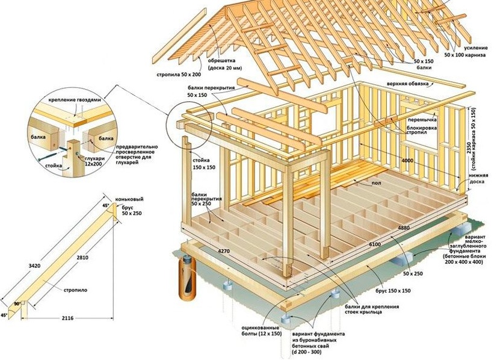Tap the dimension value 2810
point(82,258)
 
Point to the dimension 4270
point(223,252)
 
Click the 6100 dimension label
point(375,244)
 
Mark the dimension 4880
point(404,228)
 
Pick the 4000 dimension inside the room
point(407,161)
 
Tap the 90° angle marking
point(17,303)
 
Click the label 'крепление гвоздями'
point(75,99)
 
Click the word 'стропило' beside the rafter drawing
point(75,290)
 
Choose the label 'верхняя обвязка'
point(407,84)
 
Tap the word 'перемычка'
point(422,120)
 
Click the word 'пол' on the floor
point(376,182)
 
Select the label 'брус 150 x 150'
point(393,291)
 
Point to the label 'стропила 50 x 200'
point(179,75)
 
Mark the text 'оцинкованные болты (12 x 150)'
point(260,331)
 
